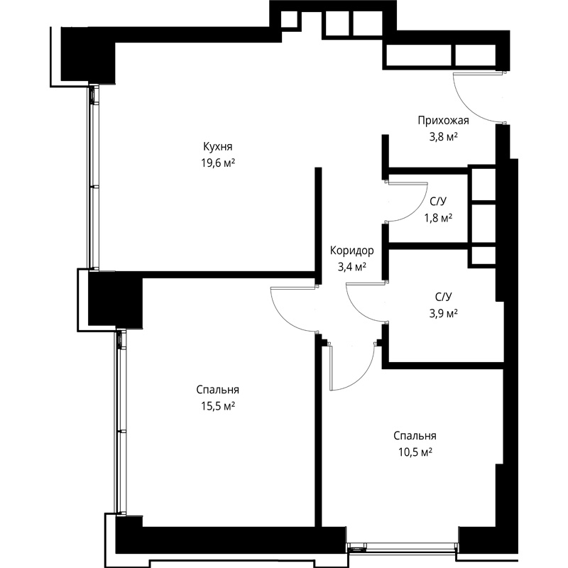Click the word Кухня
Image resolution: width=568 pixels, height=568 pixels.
click(x=218, y=147)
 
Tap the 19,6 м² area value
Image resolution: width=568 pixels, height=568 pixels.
click(x=218, y=163)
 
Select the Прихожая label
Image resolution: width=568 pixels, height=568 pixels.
click(x=443, y=120)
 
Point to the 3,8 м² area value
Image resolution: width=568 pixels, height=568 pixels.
click(x=443, y=137)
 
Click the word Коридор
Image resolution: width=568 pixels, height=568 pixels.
click(x=351, y=251)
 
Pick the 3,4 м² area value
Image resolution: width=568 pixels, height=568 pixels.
click(x=351, y=267)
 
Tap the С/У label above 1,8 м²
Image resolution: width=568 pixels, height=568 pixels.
click(x=438, y=201)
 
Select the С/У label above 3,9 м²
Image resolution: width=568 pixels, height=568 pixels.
click(x=443, y=297)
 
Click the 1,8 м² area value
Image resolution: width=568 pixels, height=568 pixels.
click(x=438, y=218)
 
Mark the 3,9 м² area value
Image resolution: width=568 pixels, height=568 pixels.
click(x=443, y=313)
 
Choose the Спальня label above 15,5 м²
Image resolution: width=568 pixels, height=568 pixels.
click(x=218, y=390)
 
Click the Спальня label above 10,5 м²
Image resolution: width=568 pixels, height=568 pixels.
click(x=415, y=436)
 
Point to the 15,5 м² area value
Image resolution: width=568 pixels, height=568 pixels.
click(x=218, y=406)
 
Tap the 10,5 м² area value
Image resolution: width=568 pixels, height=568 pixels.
click(x=415, y=452)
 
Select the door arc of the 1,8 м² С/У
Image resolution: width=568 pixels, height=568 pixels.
click(x=416, y=211)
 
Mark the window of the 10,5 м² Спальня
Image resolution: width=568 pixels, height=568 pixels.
click(x=402, y=545)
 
